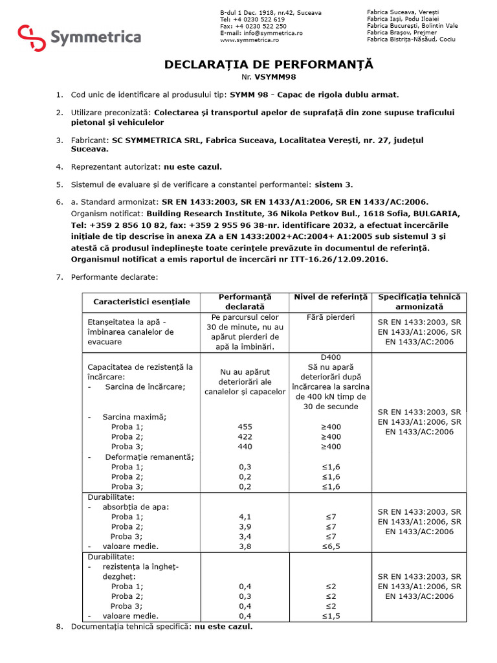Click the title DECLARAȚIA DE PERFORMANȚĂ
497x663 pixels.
[269, 65]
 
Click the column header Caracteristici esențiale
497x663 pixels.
[142, 301]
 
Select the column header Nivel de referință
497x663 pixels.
[331, 297]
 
